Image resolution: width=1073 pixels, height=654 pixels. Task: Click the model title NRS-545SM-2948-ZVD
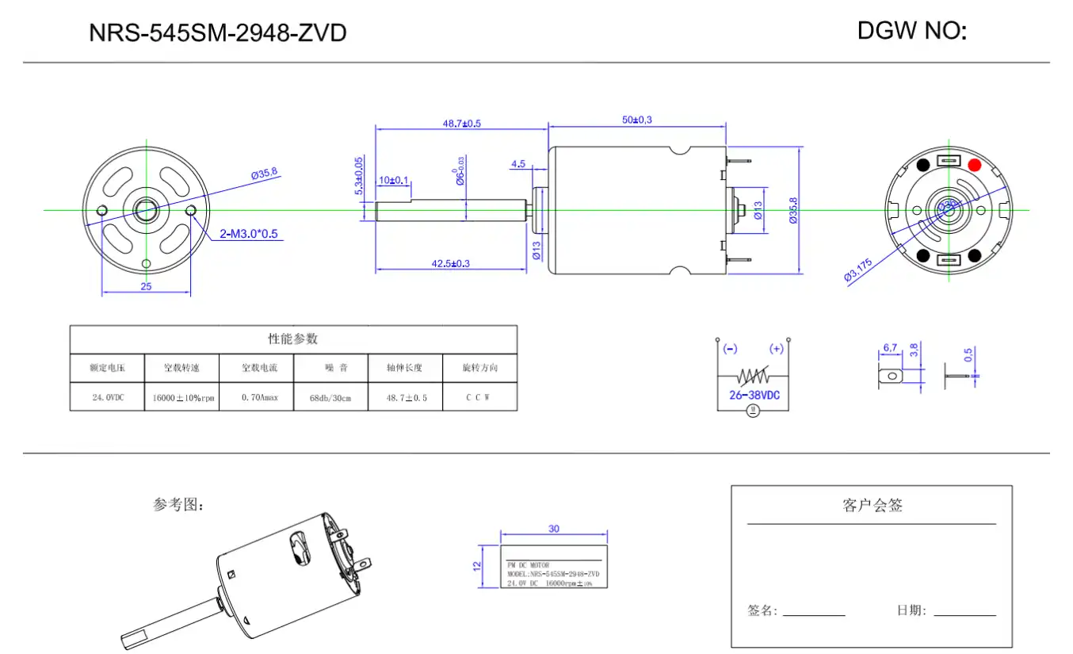(x=217, y=33)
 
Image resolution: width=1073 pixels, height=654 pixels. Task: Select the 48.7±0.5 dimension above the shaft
(x=461, y=123)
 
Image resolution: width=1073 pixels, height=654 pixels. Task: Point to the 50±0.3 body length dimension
(x=637, y=120)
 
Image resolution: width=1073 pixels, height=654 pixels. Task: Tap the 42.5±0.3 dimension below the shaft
(x=450, y=263)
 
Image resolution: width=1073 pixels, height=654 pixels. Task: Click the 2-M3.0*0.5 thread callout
(x=249, y=234)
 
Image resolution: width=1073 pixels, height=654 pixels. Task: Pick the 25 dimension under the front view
(x=146, y=286)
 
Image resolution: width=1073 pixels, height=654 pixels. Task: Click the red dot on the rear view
(x=974, y=165)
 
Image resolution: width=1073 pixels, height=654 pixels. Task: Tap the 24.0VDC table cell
(x=108, y=397)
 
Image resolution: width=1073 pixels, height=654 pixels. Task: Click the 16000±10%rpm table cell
(x=183, y=398)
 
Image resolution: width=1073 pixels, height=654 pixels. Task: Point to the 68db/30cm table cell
(x=330, y=397)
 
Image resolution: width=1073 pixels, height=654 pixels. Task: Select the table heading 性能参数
(x=292, y=338)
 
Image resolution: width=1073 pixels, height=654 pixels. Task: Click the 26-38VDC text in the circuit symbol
(x=754, y=394)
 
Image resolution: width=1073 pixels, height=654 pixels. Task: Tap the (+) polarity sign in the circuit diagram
(x=776, y=349)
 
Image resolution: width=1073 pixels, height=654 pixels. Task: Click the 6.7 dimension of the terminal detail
(x=889, y=347)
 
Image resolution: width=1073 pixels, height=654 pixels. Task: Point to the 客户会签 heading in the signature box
(x=872, y=505)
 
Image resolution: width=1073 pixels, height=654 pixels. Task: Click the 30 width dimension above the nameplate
(x=553, y=528)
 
